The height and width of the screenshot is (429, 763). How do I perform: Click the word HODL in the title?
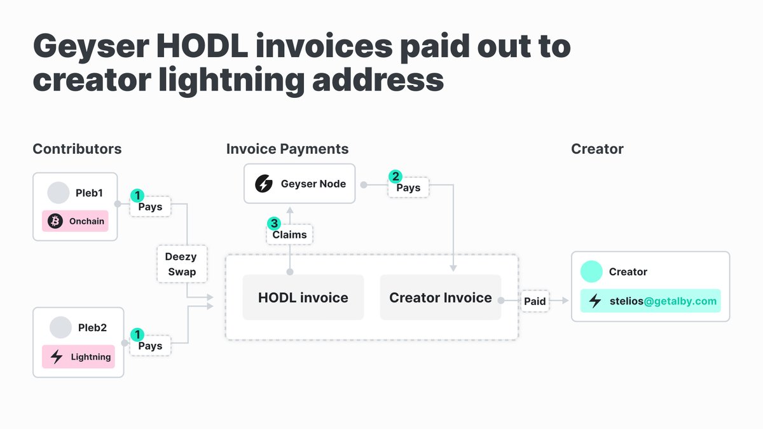pyautogui.click(x=202, y=46)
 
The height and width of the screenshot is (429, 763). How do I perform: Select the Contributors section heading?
pyautogui.click(x=77, y=149)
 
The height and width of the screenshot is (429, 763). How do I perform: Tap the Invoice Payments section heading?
pyautogui.click(x=287, y=149)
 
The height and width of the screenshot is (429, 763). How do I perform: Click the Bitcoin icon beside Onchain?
pyautogui.click(x=55, y=221)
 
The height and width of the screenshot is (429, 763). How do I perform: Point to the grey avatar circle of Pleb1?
pyautogui.click(x=58, y=193)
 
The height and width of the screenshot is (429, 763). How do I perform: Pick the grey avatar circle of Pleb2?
pyautogui.click(x=60, y=327)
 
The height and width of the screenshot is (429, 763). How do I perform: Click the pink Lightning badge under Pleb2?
pyautogui.click(x=78, y=357)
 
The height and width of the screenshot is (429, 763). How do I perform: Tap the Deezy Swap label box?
pyautogui.click(x=182, y=264)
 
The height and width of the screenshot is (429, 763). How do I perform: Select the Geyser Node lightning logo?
pyautogui.click(x=264, y=184)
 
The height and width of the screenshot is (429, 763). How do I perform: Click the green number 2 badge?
pyautogui.click(x=395, y=177)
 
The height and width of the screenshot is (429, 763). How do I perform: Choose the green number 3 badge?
pyautogui.click(x=274, y=223)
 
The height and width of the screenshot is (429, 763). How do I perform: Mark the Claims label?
pyautogui.click(x=289, y=235)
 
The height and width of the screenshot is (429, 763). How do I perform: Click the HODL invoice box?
pyautogui.click(x=303, y=297)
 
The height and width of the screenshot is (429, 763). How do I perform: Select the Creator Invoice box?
pyautogui.click(x=441, y=297)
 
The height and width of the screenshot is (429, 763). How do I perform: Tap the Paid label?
pyautogui.click(x=535, y=301)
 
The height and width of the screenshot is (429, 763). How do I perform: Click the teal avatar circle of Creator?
pyautogui.click(x=591, y=271)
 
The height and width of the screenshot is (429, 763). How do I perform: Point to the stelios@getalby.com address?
pyautogui.click(x=663, y=301)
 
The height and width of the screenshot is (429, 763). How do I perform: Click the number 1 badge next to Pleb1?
pyautogui.click(x=137, y=196)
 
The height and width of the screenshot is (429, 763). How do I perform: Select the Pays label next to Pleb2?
pyautogui.click(x=150, y=346)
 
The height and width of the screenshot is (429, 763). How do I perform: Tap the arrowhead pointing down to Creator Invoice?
pyautogui.click(x=453, y=268)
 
